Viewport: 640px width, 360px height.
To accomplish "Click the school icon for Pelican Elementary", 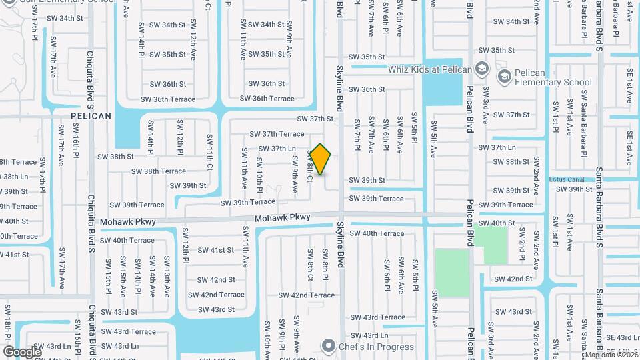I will [503, 77].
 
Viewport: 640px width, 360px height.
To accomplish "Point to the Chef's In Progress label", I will [368, 345].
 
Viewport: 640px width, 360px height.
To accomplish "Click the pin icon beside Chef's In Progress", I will [327, 345].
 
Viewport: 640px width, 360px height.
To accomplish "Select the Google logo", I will [22, 351].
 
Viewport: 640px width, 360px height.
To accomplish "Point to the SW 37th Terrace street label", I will [277, 134].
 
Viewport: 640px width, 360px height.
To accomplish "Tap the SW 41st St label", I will [217, 250].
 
